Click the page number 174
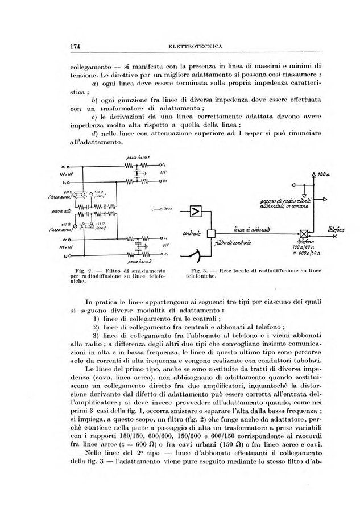[73, 46]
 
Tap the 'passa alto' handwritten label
[74, 210]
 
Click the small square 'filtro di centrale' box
[210, 233]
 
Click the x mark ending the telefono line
[335, 233]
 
